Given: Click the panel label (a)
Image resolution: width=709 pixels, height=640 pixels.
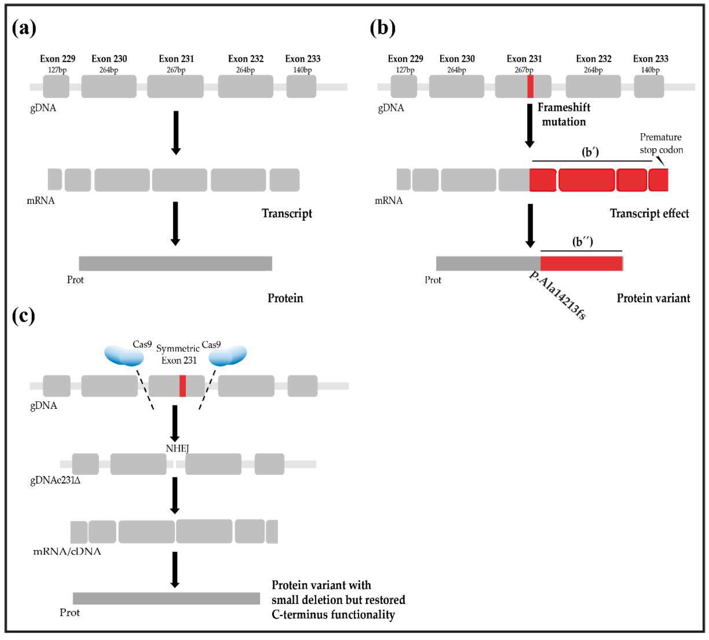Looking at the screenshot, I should pyautogui.click(x=24, y=28).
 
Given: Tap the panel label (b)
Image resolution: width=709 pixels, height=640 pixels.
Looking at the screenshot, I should pyautogui.click(x=383, y=28).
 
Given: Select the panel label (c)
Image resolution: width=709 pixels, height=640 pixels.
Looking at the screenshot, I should pyautogui.click(x=23, y=316).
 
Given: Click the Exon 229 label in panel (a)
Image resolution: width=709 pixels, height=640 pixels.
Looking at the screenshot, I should pyautogui.click(x=58, y=59).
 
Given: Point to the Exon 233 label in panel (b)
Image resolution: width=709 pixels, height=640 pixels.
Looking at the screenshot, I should pyautogui.click(x=650, y=59).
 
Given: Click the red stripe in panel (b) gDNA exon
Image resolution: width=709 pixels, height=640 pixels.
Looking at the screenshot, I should pyautogui.click(x=530, y=87).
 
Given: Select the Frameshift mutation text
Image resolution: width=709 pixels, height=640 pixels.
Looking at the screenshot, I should pyautogui.click(x=564, y=115).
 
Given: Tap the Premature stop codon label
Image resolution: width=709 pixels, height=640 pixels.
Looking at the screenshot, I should pyautogui.click(x=661, y=143).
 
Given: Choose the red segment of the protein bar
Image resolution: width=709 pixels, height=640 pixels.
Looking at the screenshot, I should pyautogui.click(x=581, y=263).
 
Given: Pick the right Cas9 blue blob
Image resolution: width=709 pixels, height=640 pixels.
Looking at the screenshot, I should pyautogui.click(x=228, y=355).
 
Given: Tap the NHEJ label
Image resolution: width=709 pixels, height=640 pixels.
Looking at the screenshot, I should pyautogui.click(x=177, y=448).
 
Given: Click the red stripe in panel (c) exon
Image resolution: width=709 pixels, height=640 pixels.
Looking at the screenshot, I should pyautogui.click(x=182, y=386).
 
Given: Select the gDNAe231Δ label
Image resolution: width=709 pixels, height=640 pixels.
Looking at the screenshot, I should pyautogui.click(x=55, y=480).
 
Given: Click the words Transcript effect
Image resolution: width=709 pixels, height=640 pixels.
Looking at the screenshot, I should pyautogui.click(x=649, y=213).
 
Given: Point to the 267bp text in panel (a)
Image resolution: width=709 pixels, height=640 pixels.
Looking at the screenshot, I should pyautogui.click(x=176, y=70).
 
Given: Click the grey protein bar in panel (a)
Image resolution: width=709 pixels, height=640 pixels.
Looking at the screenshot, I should pyautogui.click(x=175, y=263).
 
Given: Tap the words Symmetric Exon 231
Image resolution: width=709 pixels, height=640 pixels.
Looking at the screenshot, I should pyautogui.click(x=178, y=354).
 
